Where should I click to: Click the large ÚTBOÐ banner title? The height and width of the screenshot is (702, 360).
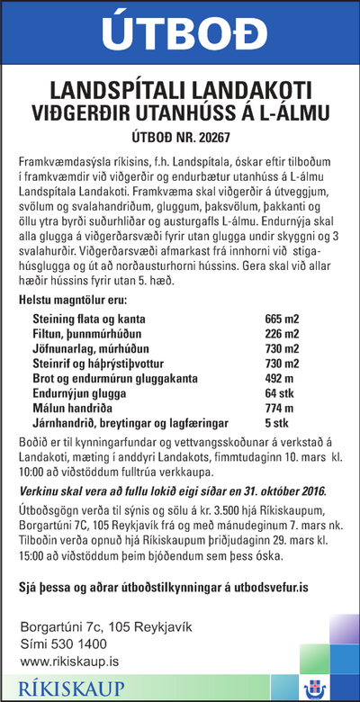click(x=179, y=35)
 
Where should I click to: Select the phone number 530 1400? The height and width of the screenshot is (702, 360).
click(x=76, y=643)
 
